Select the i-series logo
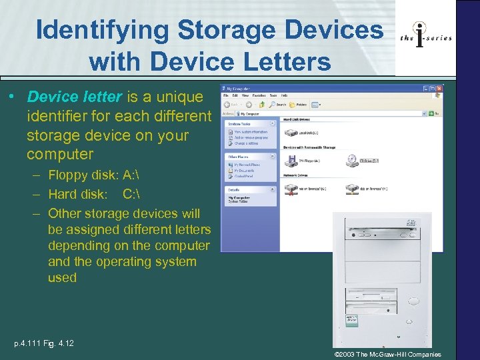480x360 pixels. [x=426, y=37]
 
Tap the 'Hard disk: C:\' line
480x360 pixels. [x=93, y=194]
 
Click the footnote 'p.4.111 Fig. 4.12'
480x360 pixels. [x=44, y=343]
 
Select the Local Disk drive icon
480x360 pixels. [x=291, y=133]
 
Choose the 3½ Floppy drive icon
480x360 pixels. [x=291, y=161]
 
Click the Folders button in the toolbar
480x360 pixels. [x=299, y=105]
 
